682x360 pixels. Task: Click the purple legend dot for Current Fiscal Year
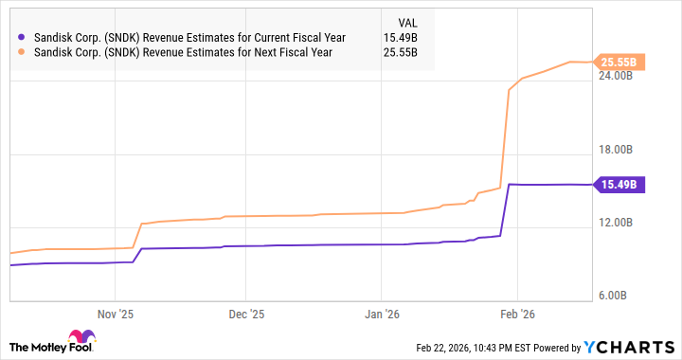pos(22,37)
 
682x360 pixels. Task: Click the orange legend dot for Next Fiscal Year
pos(22,52)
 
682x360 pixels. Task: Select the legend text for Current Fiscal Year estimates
pos(189,37)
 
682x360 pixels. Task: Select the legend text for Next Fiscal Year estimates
pos(183,52)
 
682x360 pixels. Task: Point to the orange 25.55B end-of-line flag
pos(620,63)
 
